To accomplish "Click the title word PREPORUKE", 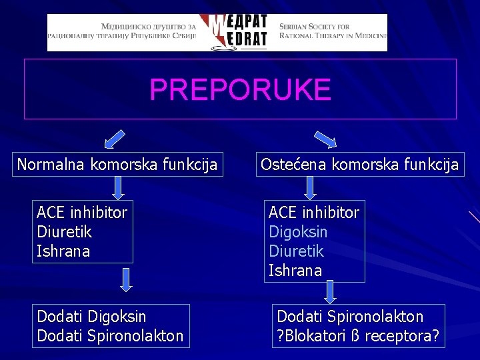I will click(240, 89).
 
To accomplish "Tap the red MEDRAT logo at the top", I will click(238, 32).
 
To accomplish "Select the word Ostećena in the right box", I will click(291, 165).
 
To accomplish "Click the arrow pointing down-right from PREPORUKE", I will click(325, 139).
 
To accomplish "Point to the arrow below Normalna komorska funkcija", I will click(118, 187).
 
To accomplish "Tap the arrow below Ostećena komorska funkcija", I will click(310, 187).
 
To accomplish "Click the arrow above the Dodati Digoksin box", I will click(125, 280).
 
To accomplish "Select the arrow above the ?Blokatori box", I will click(329, 291).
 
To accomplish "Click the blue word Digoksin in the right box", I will click(298, 232).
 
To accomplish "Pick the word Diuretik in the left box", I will click(65, 232).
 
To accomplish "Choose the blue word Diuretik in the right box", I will click(296, 251).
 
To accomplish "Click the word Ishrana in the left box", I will click(63, 251).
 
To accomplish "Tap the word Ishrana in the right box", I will click(295, 271).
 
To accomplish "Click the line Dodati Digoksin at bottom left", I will click(91, 316).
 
